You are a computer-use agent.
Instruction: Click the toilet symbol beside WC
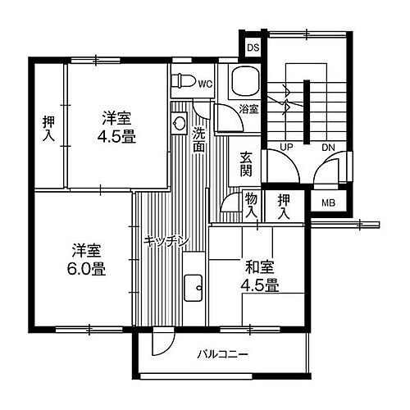point(184,81)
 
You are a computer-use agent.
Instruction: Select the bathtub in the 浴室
point(244,82)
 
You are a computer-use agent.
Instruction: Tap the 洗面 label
point(199,140)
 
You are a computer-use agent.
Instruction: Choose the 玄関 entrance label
point(247,164)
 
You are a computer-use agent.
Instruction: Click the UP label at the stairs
point(287,147)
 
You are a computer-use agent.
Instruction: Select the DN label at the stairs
point(327,147)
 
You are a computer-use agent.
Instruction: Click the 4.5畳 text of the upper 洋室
point(118,138)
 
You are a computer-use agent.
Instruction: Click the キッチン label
point(166,241)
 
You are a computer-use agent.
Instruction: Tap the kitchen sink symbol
point(194,287)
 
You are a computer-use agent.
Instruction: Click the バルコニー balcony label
point(222,355)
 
